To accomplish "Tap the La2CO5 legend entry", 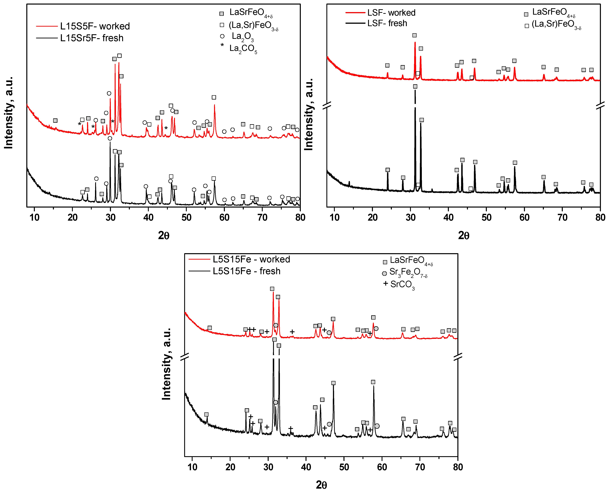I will [x=243, y=49].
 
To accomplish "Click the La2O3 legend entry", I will [x=242, y=36].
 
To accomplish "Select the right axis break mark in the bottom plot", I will [x=458, y=357].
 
